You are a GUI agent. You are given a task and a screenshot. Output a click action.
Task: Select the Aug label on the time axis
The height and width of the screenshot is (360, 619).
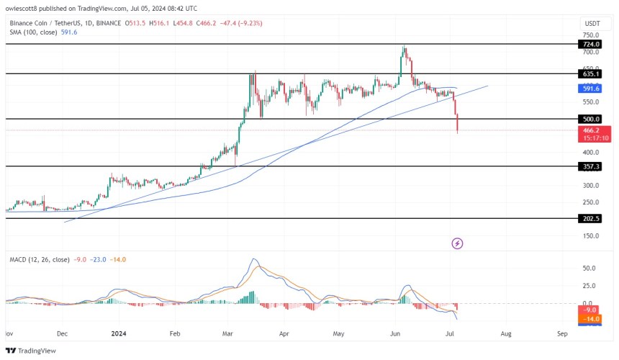pos(507,334)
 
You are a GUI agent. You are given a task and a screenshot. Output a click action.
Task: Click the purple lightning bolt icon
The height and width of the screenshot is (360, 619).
pos(456,243)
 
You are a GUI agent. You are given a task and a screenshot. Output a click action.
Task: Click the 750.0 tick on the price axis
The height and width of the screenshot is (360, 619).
pos(590,35)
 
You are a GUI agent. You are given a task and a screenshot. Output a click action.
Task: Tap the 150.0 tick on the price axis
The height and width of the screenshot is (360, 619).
pos(590,235)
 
